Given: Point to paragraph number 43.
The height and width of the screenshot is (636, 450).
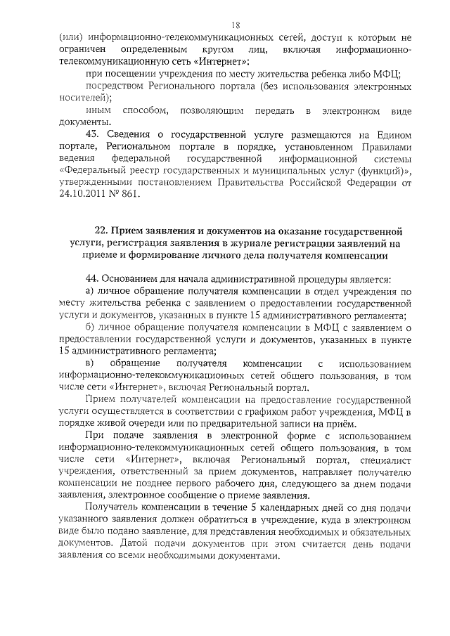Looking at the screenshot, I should point(92,136).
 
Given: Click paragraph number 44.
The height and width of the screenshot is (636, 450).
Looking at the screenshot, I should point(92,279).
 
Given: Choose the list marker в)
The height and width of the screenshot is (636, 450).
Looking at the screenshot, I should point(89,364).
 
